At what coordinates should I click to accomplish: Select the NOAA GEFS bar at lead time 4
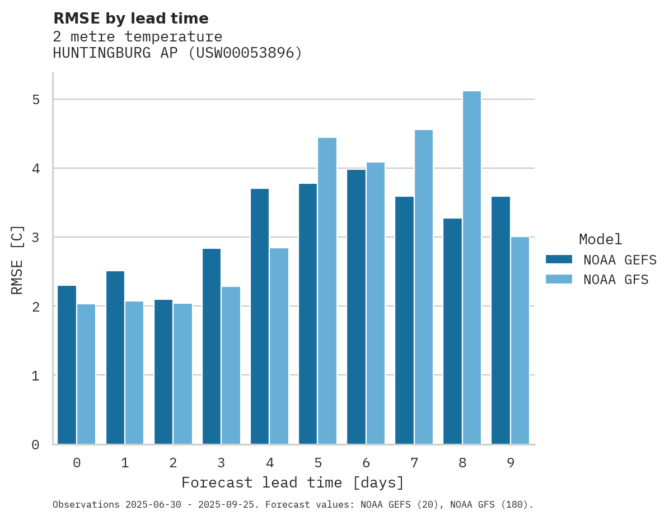click(260, 316)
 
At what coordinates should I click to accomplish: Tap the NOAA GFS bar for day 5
click(328, 291)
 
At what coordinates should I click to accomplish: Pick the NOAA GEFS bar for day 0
click(67, 365)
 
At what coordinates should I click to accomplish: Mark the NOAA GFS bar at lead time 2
click(183, 374)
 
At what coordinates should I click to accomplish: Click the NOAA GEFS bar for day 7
click(404, 320)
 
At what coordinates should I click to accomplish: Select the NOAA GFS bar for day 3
click(231, 365)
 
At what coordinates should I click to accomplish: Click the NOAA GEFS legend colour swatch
click(559, 259)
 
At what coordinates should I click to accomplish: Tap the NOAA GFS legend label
click(616, 279)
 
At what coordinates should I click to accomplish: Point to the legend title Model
click(600, 239)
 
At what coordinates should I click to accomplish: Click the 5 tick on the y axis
click(35, 100)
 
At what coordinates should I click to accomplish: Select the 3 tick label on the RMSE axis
click(35, 238)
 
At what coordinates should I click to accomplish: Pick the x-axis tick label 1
click(125, 463)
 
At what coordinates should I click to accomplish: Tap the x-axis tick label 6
click(366, 463)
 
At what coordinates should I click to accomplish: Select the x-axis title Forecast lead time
click(292, 482)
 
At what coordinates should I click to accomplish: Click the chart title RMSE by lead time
click(130, 18)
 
